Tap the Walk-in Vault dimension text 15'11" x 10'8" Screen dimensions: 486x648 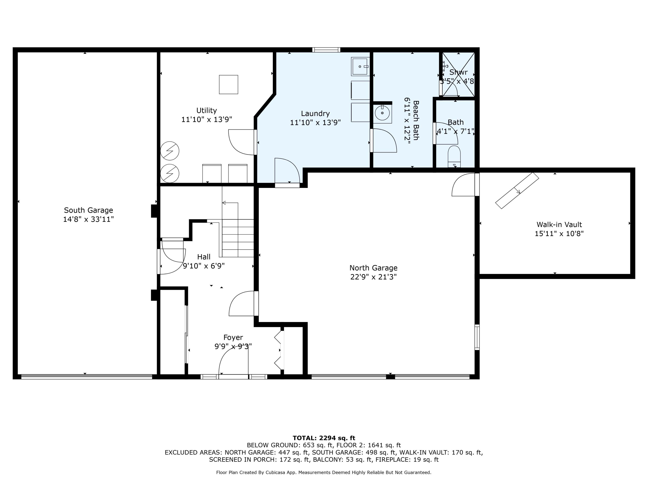coord(559,233)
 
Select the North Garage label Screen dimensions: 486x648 coord(373,268)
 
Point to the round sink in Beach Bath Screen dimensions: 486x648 coord(382,113)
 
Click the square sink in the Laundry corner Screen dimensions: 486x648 coord(360,67)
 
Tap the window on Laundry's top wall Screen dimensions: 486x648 coord(326,50)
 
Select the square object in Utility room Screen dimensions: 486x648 coord(229,84)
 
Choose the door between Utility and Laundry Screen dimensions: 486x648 coord(242,142)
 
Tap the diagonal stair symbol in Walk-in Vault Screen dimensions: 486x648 coord(517,191)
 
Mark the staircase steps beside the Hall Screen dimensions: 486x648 coord(238,238)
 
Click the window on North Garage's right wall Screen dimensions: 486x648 coord(477,337)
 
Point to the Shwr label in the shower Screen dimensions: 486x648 coord(459,72)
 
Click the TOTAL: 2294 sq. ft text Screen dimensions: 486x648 coord(324,438)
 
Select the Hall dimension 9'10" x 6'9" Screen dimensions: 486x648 coord(204,266)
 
